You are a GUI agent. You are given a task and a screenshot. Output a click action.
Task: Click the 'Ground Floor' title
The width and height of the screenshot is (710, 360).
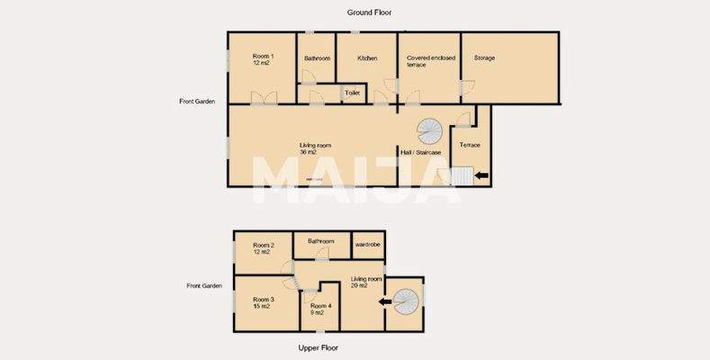(x=370, y=13)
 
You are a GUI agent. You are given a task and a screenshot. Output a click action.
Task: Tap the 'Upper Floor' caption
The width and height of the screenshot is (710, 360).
(x=319, y=347)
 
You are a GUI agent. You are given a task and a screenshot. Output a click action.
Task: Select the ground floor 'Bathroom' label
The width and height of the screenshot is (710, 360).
(x=317, y=58)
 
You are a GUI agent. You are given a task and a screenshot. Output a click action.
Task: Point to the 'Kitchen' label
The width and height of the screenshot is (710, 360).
(x=367, y=58)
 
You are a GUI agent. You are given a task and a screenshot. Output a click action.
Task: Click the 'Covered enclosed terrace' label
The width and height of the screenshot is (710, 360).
(x=430, y=62)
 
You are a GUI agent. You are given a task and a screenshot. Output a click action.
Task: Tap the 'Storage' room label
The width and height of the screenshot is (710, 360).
(x=484, y=58)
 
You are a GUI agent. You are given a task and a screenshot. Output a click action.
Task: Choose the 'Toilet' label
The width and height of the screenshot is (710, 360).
(x=353, y=92)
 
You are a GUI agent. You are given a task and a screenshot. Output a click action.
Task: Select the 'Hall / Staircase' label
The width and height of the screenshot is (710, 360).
(x=420, y=154)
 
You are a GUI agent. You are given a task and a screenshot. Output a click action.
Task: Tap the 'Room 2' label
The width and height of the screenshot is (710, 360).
(x=263, y=248)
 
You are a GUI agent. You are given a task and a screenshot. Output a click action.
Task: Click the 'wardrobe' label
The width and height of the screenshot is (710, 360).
(x=366, y=243)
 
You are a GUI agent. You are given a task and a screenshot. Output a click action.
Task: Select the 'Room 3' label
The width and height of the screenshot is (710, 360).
(x=263, y=302)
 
